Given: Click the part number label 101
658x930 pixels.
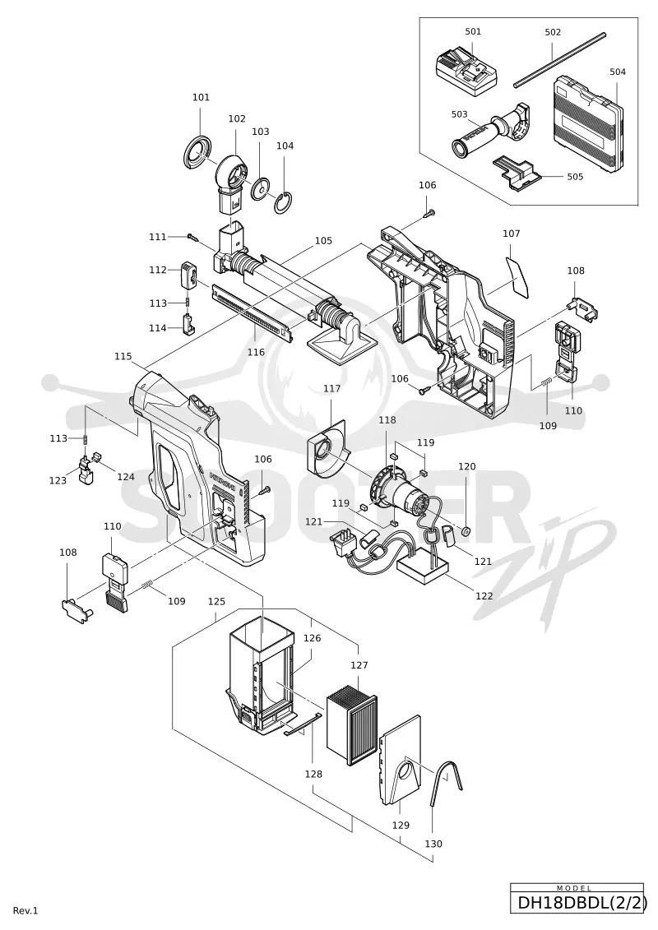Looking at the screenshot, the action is click(x=202, y=97).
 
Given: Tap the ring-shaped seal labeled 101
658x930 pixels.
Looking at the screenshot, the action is click(x=198, y=152).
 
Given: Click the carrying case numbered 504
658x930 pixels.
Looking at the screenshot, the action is click(x=590, y=121).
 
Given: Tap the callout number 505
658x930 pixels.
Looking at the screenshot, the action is click(x=575, y=177).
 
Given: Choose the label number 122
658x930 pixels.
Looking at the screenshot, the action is click(x=484, y=595).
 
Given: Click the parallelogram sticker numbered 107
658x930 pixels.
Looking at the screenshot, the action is click(x=517, y=276).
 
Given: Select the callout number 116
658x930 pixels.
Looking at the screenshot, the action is click(x=256, y=352).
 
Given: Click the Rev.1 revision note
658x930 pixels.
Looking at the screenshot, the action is click(x=25, y=911).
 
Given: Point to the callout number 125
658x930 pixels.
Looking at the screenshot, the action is click(x=216, y=601).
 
